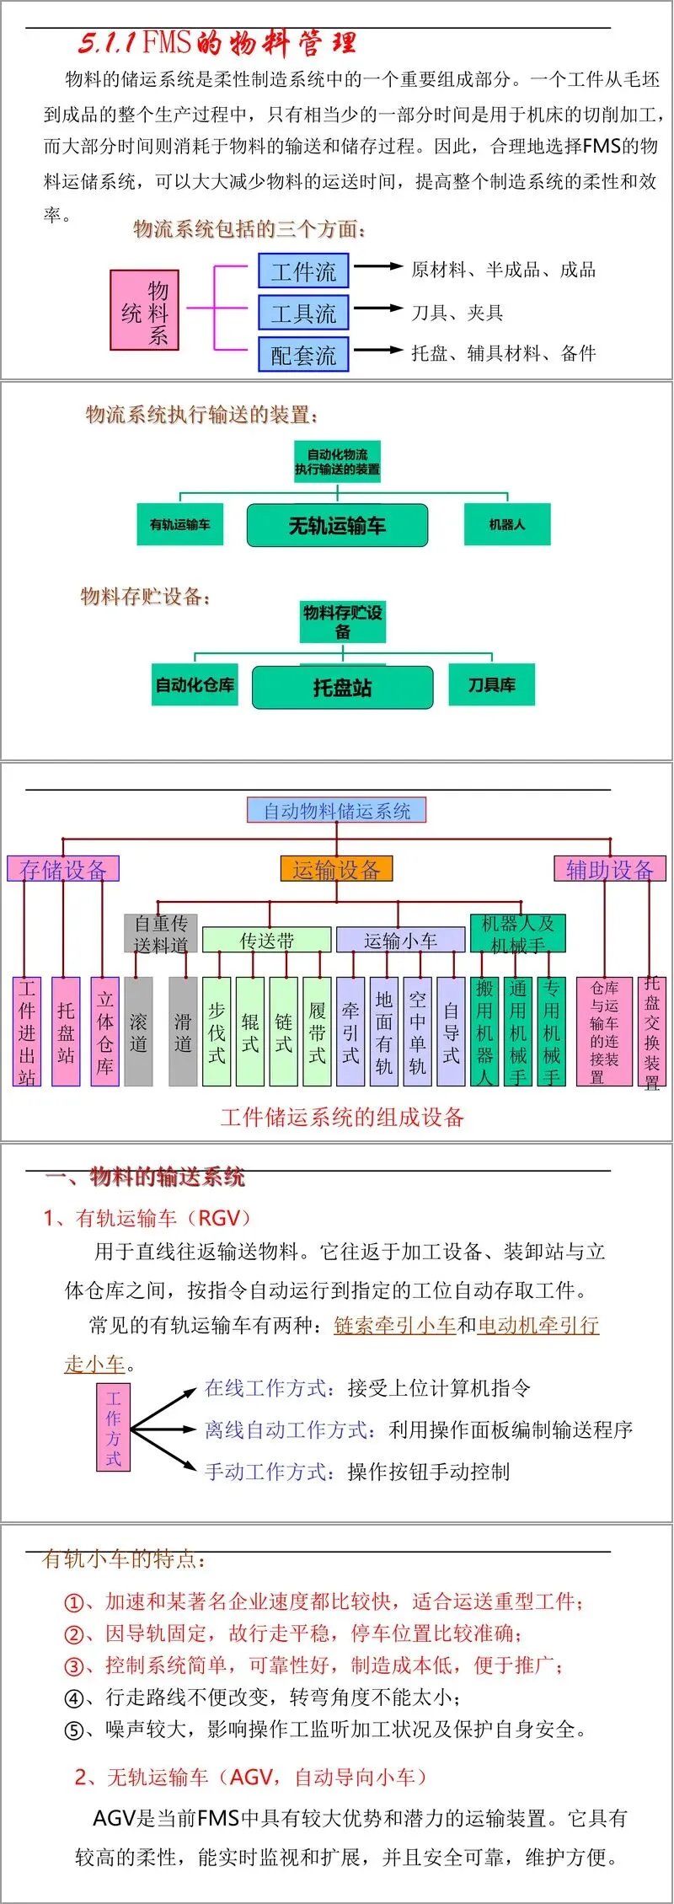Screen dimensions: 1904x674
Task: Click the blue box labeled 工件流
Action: click(303, 271)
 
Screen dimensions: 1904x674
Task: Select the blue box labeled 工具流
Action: click(303, 313)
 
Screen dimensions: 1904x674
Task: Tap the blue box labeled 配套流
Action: click(303, 355)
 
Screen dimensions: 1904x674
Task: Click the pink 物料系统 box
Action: click(144, 310)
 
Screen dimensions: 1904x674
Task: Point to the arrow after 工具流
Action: click(378, 308)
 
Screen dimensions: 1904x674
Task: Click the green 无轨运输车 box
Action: click(337, 526)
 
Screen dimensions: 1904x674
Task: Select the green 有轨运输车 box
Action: click(180, 524)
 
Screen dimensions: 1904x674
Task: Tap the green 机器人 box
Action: click(507, 524)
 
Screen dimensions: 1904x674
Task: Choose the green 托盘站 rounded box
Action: click(342, 688)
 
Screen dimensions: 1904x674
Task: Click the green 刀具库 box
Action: click(492, 684)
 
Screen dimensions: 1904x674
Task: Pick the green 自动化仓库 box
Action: click(195, 684)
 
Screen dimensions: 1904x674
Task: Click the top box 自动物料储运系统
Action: click(336, 811)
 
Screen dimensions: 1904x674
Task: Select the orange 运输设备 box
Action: click(336, 869)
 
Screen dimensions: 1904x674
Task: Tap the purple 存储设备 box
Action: click(63, 869)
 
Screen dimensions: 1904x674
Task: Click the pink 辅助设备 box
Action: click(609, 869)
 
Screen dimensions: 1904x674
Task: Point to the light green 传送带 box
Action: click(266, 940)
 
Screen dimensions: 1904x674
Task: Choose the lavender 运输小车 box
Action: click(400, 940)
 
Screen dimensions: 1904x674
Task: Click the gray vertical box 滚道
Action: click(138, 1032)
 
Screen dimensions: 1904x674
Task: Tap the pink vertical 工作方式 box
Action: click(114, 1428)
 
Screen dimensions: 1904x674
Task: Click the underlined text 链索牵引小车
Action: click(395, 1326)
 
